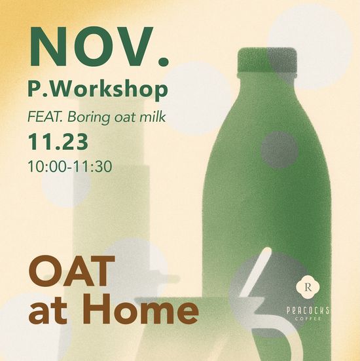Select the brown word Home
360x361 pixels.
[x=137, y=311]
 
